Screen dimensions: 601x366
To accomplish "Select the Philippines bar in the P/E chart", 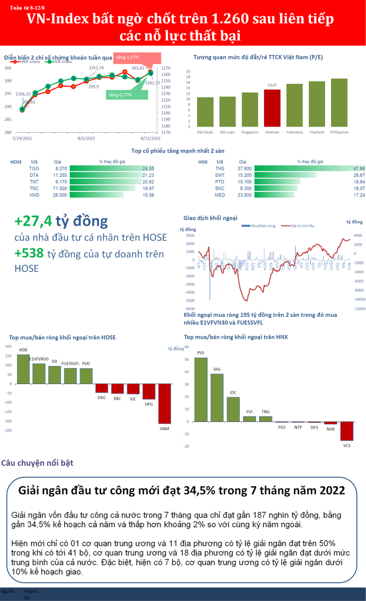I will click(339, 102).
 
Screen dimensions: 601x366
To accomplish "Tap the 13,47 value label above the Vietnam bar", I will click(272, 85).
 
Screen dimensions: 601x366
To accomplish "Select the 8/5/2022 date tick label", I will click(86, 138).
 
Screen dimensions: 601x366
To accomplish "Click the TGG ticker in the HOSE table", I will click(34, 168).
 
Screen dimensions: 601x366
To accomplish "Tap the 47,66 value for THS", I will click(359, 168).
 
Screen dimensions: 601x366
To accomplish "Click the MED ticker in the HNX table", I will click(220, 195).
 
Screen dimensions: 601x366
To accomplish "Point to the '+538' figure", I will click(29, 254).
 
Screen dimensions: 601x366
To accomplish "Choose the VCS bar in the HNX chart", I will click(346, 431).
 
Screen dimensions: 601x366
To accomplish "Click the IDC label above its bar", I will click(233, 392).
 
